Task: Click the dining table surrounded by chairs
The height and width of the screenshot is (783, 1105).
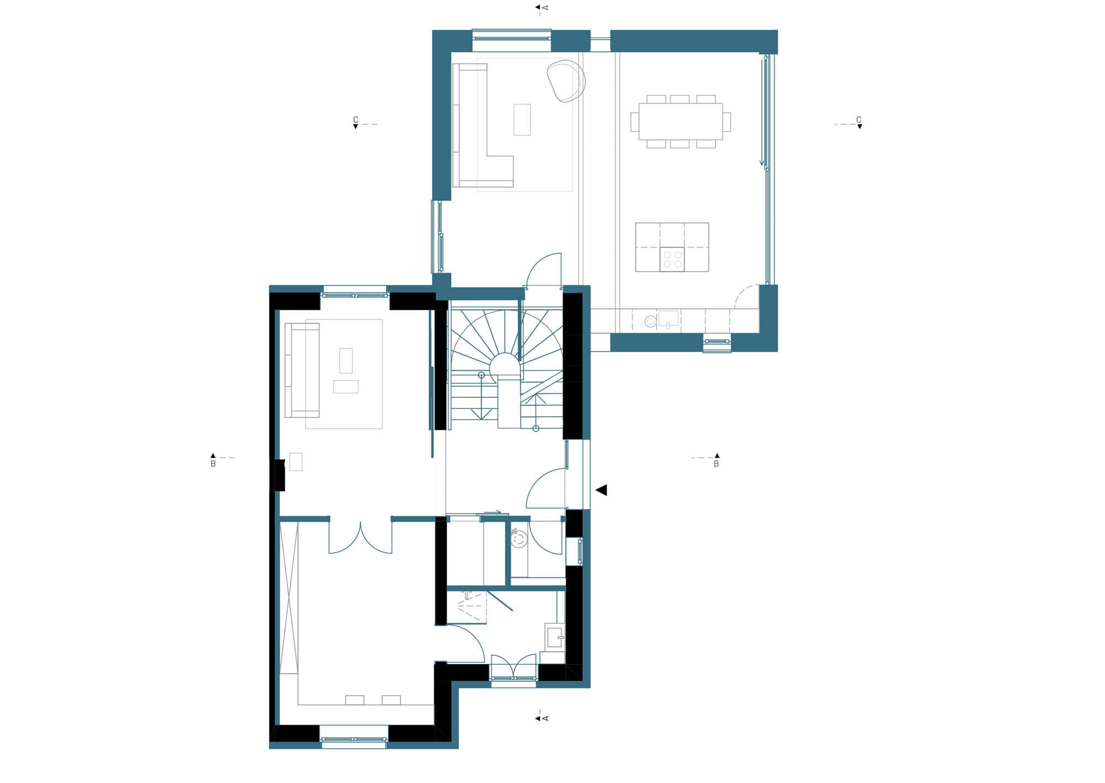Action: (680, 121)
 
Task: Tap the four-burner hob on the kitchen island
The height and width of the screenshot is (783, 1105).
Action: (672, 259)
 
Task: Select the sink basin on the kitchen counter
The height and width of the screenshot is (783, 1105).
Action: (668, 318)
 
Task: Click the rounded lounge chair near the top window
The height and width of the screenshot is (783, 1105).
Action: (566, 81)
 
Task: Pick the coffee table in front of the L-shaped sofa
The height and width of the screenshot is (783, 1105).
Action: (522, 119)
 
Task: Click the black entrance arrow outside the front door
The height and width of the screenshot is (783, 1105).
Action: (601, 490)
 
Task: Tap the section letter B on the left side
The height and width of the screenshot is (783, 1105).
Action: (213, 464)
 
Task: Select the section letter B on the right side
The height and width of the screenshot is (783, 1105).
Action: (716, 464)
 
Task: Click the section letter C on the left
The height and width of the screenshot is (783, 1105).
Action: (355, 119)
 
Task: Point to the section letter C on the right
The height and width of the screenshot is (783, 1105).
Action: (859, 119)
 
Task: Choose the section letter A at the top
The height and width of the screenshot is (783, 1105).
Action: (545, 7)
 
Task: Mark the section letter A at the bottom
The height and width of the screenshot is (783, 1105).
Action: (545, 718)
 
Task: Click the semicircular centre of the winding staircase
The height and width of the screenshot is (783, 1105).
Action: (504, 366)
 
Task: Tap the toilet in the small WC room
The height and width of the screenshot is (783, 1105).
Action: (519, 539)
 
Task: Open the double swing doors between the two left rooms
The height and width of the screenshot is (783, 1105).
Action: (360, 537)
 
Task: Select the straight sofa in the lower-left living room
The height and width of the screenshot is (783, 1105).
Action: (302, 370)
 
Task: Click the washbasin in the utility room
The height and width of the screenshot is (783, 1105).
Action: (554, 637)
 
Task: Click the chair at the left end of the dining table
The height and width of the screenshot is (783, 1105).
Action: (635, 122)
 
